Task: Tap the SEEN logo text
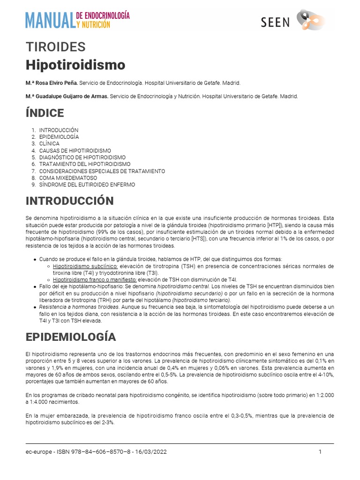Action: click(x=275, y=22)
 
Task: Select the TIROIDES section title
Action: click(x=56, y=47)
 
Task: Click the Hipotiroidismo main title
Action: click(x=75, y=64)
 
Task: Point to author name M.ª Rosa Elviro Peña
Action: click(x=52, y=83)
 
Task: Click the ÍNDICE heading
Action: click(x=45, y=113)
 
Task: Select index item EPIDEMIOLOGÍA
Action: click(x=59, y=137)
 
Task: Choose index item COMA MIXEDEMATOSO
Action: click(x=68, y=178)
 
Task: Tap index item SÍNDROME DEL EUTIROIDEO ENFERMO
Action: click(x=87, y=185)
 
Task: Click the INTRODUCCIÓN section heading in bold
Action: click(x=69, y=201)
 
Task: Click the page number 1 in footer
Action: click(x=320, y=452)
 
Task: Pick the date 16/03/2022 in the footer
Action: click(x=150, y=452)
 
